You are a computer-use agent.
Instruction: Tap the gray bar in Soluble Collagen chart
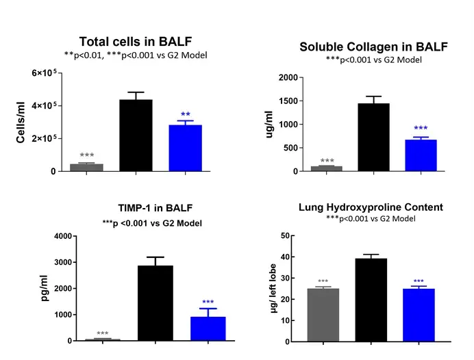coord(326,168)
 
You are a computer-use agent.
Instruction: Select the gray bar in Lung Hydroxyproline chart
coord(323,314)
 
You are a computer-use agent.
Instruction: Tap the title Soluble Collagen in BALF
coord(373,47)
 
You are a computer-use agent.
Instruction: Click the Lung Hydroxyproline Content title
coord(371,207)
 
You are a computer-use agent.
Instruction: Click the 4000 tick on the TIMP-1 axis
coord(62,237)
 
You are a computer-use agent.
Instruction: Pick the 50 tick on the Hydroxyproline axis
coord(282,236)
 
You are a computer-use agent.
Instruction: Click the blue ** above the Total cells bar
coord(185,114)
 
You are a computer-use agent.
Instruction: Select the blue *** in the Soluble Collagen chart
coord(420,129)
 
